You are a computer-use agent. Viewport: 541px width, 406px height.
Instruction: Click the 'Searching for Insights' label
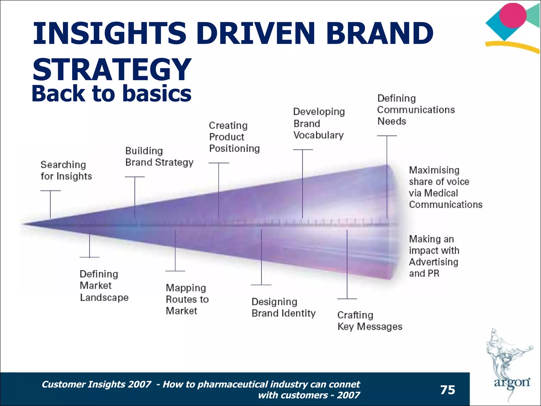66,170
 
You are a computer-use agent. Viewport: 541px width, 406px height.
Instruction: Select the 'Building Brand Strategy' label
159,156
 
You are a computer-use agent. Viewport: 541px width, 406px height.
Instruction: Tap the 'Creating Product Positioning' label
234,137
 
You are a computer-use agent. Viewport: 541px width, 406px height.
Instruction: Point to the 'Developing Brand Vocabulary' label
319,123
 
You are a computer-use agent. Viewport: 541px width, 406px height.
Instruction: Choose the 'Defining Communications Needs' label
416,110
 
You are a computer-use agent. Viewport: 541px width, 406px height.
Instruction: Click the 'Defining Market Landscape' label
104,286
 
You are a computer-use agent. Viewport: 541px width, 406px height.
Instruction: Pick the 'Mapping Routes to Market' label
187,299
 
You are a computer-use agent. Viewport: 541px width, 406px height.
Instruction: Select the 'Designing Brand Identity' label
283,307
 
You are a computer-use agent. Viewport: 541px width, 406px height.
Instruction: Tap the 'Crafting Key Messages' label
370,321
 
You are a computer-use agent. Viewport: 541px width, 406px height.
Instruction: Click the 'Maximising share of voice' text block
445,187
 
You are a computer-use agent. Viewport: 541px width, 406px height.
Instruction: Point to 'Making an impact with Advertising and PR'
434,256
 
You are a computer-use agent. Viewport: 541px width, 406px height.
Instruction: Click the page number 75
448,390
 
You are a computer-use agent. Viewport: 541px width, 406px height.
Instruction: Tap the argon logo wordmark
512,383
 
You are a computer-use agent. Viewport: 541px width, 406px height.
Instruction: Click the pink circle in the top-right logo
513,15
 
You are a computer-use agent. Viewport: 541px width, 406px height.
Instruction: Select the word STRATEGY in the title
112,69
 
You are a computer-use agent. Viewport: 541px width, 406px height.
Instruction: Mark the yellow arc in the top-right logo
512,46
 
